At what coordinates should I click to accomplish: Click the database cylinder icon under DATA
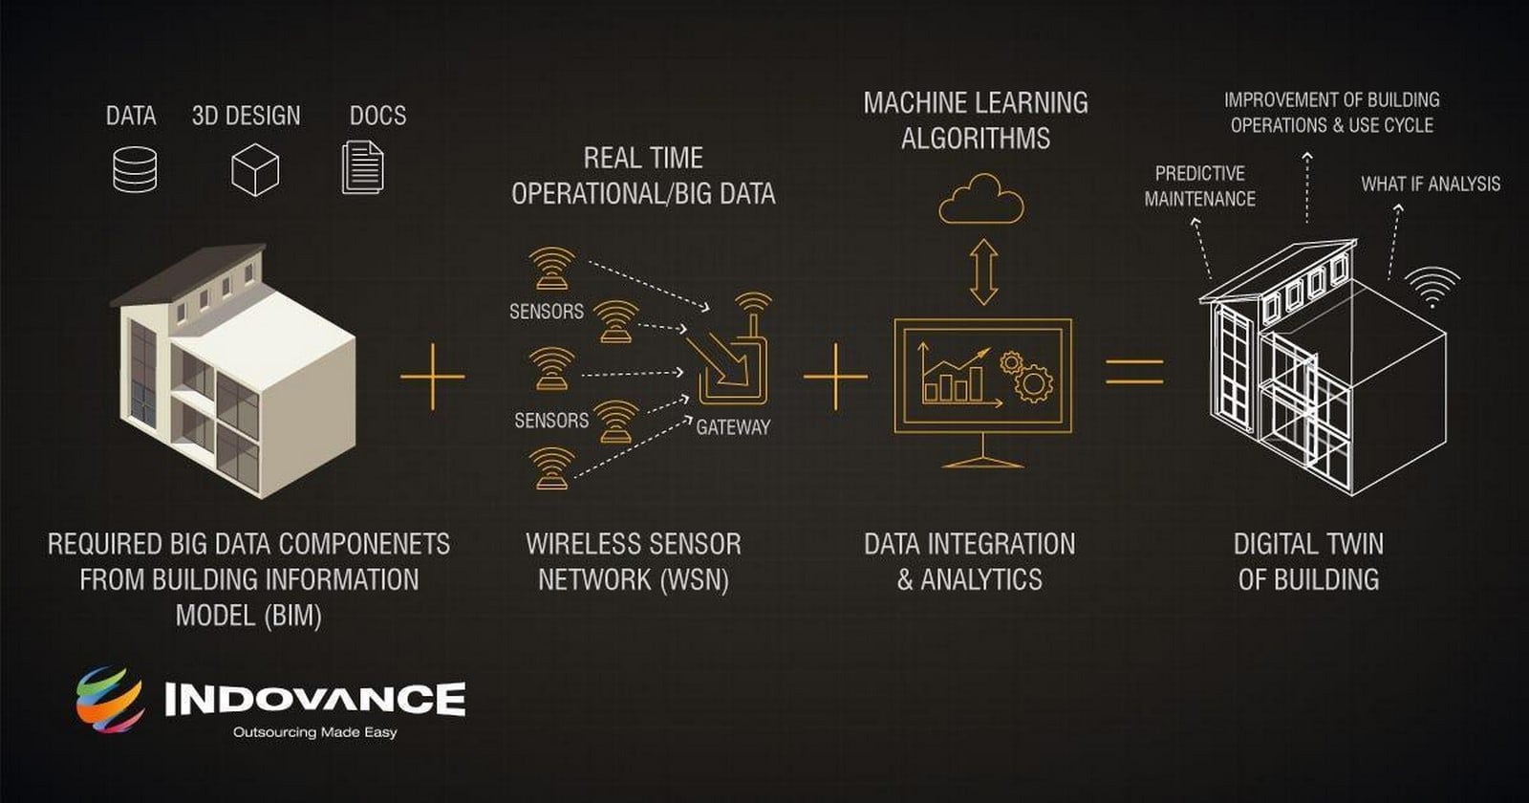coord(135,168)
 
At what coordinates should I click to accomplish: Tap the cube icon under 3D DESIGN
coord(254,169)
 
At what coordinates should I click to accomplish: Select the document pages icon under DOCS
coord(362,167)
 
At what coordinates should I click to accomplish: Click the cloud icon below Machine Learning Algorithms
coord(981,200)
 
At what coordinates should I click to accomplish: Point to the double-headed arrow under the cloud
coord(983,271)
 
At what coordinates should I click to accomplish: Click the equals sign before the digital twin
coord(1134,372)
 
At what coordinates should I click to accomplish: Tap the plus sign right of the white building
coord(432,377)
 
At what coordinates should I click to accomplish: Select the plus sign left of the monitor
coord(835,377)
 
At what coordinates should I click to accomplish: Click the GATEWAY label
coord(733,427)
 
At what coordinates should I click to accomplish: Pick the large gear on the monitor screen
coord(1034,383)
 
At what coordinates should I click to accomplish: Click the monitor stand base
coord(983,463)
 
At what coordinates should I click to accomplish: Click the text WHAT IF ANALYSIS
coord(1431,184)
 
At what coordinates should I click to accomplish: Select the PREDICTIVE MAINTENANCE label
coord(1200,185)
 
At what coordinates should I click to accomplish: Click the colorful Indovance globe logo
coord(111,699)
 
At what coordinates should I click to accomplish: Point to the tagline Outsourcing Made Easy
coord(314,732)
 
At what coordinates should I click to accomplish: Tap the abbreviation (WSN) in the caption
coord(694,579)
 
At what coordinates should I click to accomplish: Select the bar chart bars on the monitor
coord(954,384)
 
